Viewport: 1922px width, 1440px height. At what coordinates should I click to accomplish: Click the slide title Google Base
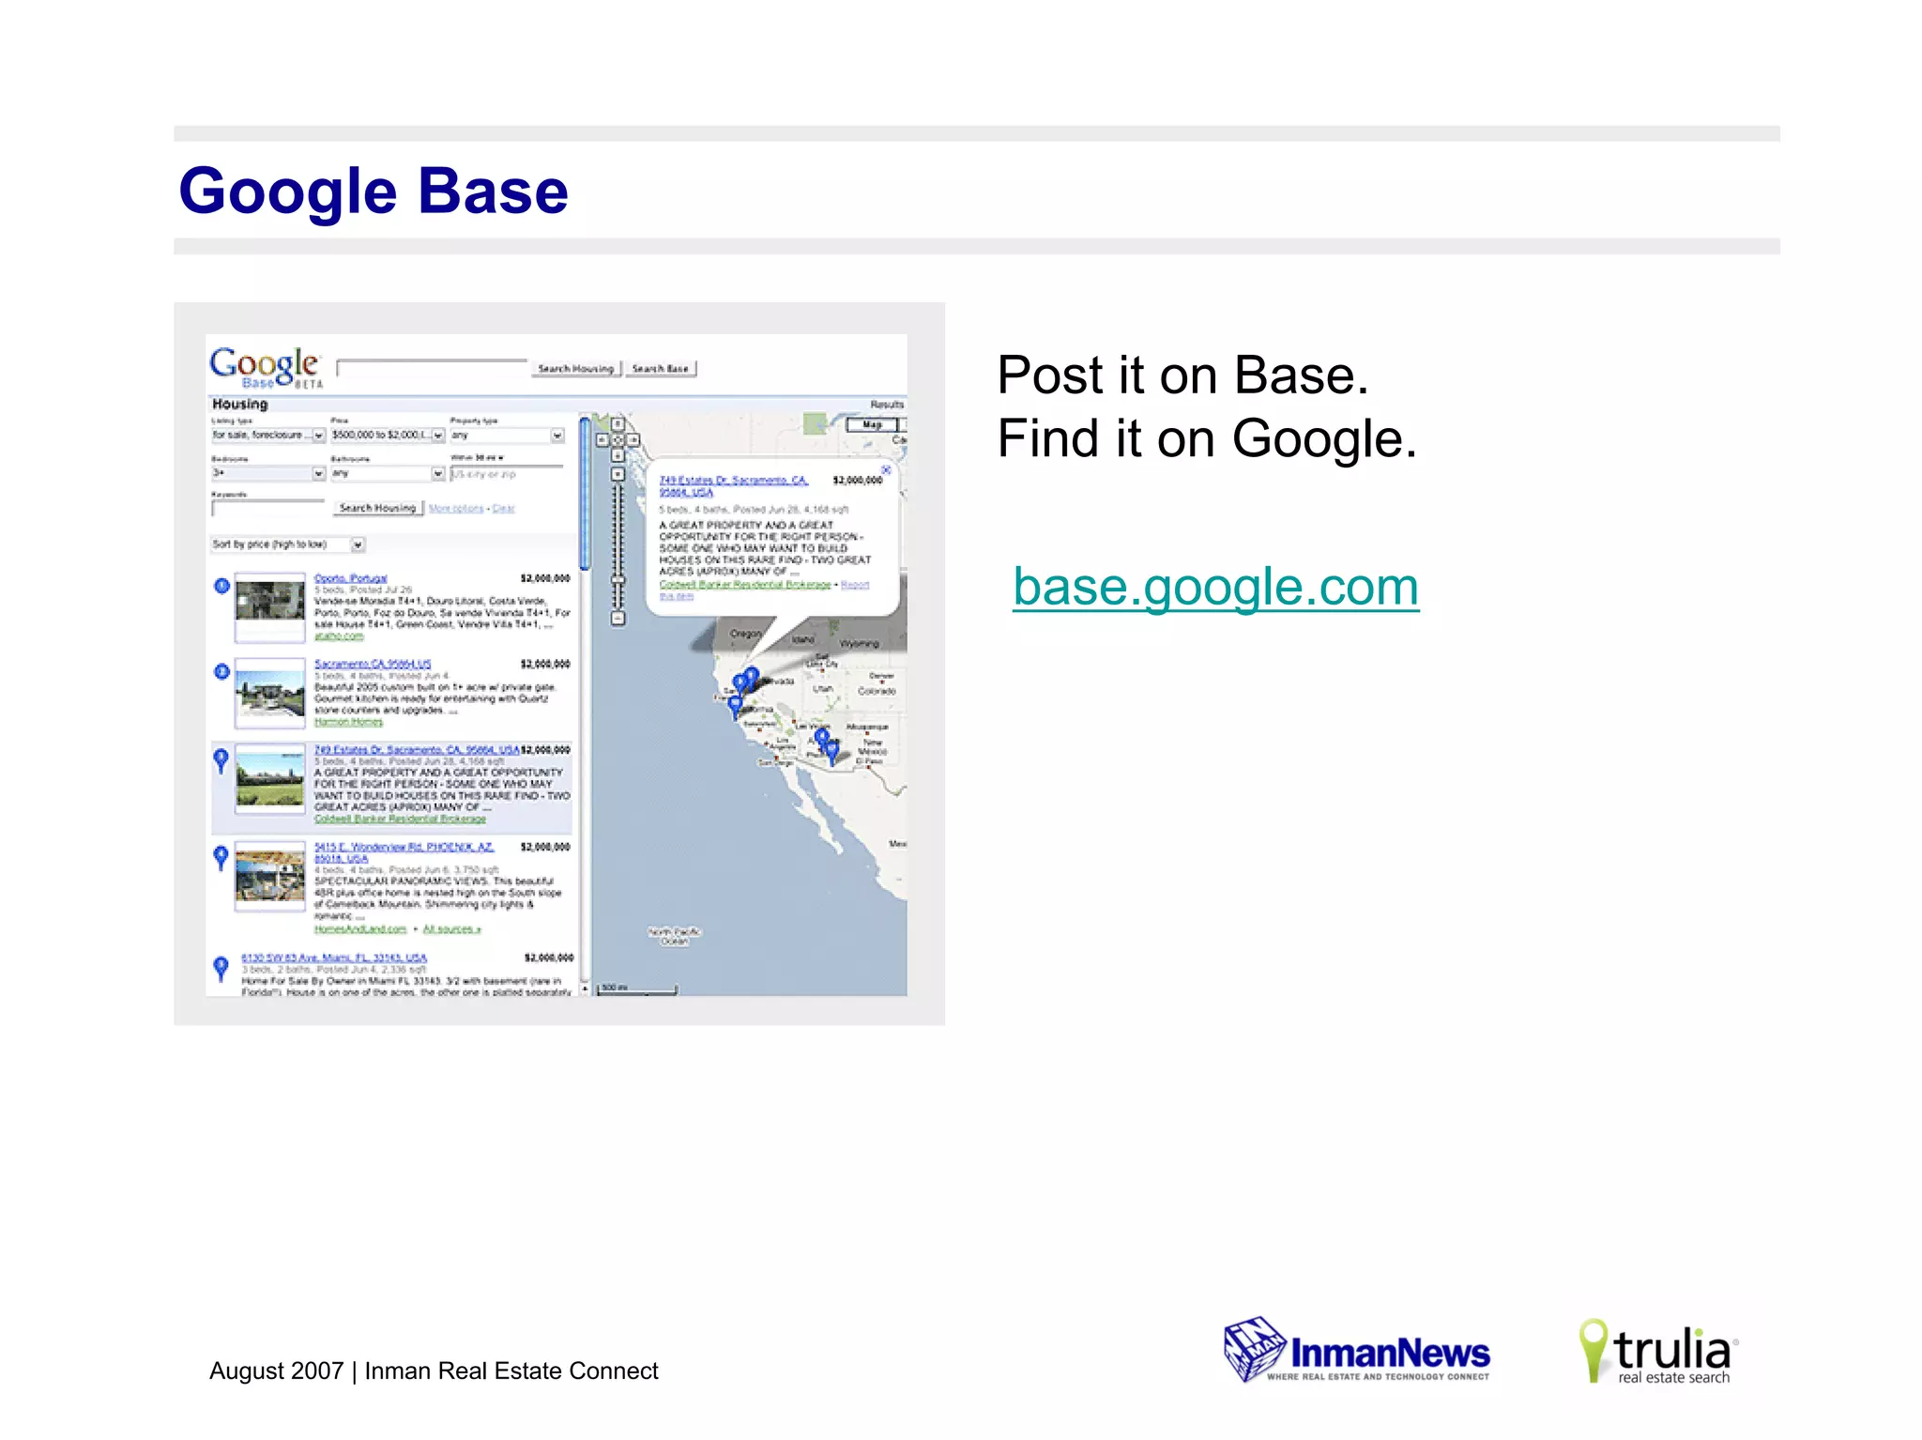[374, 191]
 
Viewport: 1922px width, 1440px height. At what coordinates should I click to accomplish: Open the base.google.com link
[1215, 588]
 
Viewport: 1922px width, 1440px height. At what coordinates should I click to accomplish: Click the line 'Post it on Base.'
[1182, 375]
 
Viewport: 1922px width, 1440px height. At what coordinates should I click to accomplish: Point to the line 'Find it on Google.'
[1207, 438]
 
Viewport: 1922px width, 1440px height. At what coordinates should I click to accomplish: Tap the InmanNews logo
[1357, 1352]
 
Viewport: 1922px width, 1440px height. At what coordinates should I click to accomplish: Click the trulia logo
[1659, 1352]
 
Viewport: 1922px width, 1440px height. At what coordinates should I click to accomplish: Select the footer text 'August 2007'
[276, 1371]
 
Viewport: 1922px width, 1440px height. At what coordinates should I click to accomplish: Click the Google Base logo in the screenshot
[266, 367]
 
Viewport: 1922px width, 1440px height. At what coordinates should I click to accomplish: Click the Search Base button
[661, 369]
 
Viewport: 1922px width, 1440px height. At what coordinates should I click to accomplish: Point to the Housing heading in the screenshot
[240, 405]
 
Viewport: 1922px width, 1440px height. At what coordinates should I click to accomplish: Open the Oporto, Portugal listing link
[350, 578]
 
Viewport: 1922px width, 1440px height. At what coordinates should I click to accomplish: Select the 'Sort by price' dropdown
[287, 544]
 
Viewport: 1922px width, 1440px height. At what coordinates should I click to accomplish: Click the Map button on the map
[872, 425]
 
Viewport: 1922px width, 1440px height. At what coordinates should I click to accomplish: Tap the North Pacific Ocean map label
[674, 935]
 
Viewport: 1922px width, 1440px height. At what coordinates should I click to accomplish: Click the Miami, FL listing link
[334, 958]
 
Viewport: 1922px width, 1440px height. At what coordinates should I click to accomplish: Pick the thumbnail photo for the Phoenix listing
[270, 875]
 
